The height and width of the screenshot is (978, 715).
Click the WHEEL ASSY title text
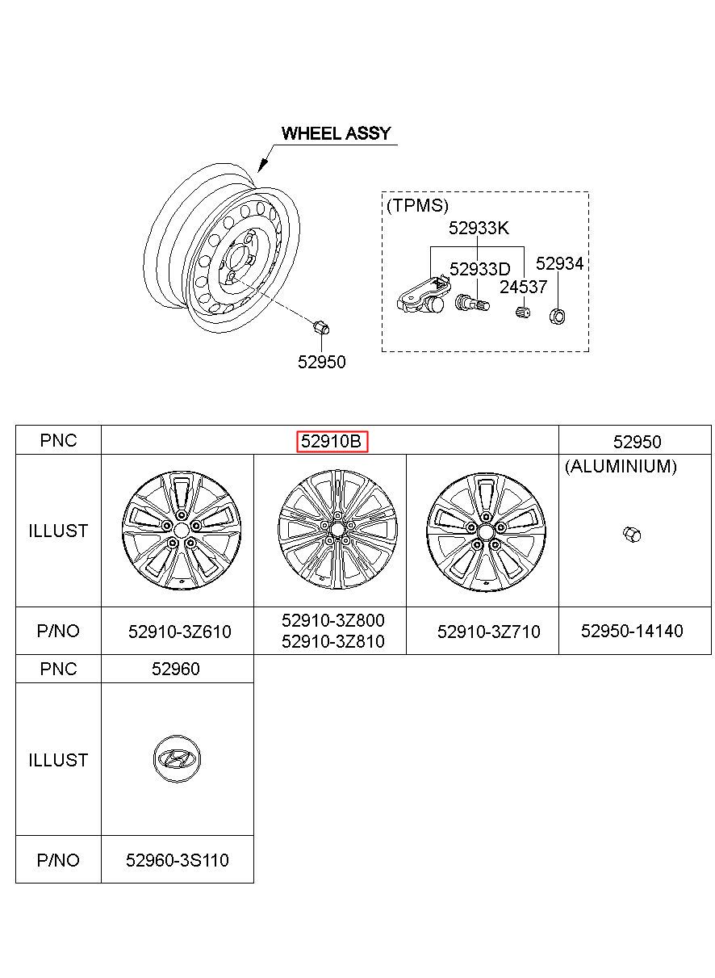336,133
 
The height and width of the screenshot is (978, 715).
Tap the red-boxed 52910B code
332,442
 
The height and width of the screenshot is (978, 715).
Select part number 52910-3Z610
179,632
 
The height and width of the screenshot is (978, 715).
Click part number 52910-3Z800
332,620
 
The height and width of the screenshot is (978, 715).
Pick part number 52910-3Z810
332,641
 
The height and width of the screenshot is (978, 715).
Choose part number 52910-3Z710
488,632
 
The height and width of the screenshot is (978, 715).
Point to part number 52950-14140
632,631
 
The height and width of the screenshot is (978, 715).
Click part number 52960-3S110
177,860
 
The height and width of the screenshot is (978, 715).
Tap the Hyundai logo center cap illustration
177,759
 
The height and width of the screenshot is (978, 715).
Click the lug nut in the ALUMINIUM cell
632,534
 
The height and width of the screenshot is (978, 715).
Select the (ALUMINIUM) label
621,466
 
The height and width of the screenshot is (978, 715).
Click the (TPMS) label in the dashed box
417,205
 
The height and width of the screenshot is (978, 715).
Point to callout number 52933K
479,228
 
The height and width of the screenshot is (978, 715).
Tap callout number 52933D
479,269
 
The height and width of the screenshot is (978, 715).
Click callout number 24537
523,287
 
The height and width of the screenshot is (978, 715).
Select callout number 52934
559,263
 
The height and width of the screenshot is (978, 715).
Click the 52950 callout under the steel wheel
321,362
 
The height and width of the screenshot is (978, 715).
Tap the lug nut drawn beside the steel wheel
321,328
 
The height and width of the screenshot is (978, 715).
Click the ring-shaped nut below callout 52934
558,316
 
